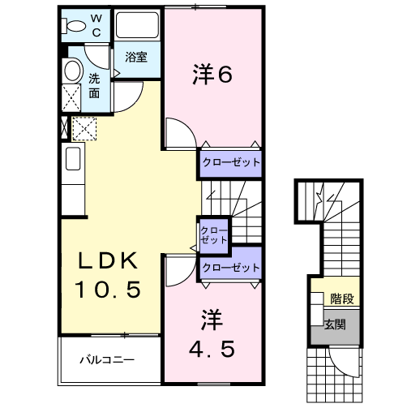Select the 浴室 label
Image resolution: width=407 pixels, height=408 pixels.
pyautogui.click(x=135, y=58)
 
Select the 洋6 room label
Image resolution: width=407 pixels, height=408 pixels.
pyautogui.click(x=212, y=75)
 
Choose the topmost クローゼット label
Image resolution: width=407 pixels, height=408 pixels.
pyautogui.click(x=231, y=162)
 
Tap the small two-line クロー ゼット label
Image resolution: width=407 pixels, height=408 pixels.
pyautogui.click(x=214, y=235)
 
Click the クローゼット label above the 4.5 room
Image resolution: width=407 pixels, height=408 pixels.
pyautogui.click(x=231, y=267)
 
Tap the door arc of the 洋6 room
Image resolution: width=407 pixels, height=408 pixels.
pyautogui.click(x=178, y=132)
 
